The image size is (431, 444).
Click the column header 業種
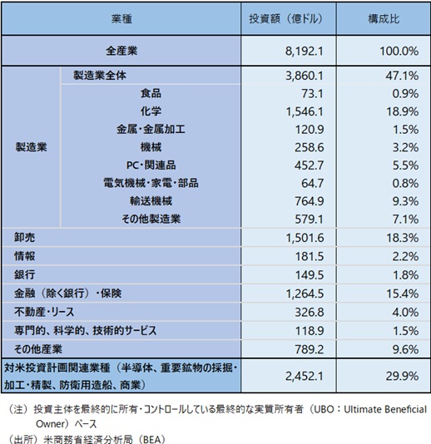(x=121, y=19)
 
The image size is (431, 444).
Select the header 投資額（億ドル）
(x=285, y=19)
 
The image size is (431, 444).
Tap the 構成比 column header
(x=384, y=19)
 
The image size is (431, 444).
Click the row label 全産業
(x=121, y=51)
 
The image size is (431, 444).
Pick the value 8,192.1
(x=304, y=52)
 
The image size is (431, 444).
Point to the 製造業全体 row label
(x=100, y=76)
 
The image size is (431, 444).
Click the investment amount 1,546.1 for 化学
(x=305, y=111)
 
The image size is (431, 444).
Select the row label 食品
(x=151, y=93)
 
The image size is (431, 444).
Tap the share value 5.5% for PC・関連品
(x=405, y=165)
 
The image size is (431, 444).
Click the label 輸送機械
(x=151, y=201)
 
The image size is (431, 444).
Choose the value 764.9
(x=310, y=201)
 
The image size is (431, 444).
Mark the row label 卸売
(x=25, y=237)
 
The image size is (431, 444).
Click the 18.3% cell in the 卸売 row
(x=403, y=238)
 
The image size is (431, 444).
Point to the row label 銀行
(x=25, y=274)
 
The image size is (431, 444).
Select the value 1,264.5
(x=305, y=294)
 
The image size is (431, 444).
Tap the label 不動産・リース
(x=44, y=312)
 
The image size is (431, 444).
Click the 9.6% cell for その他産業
(x=405, y=349)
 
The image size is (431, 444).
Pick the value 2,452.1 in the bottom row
(x=304, y=376)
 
